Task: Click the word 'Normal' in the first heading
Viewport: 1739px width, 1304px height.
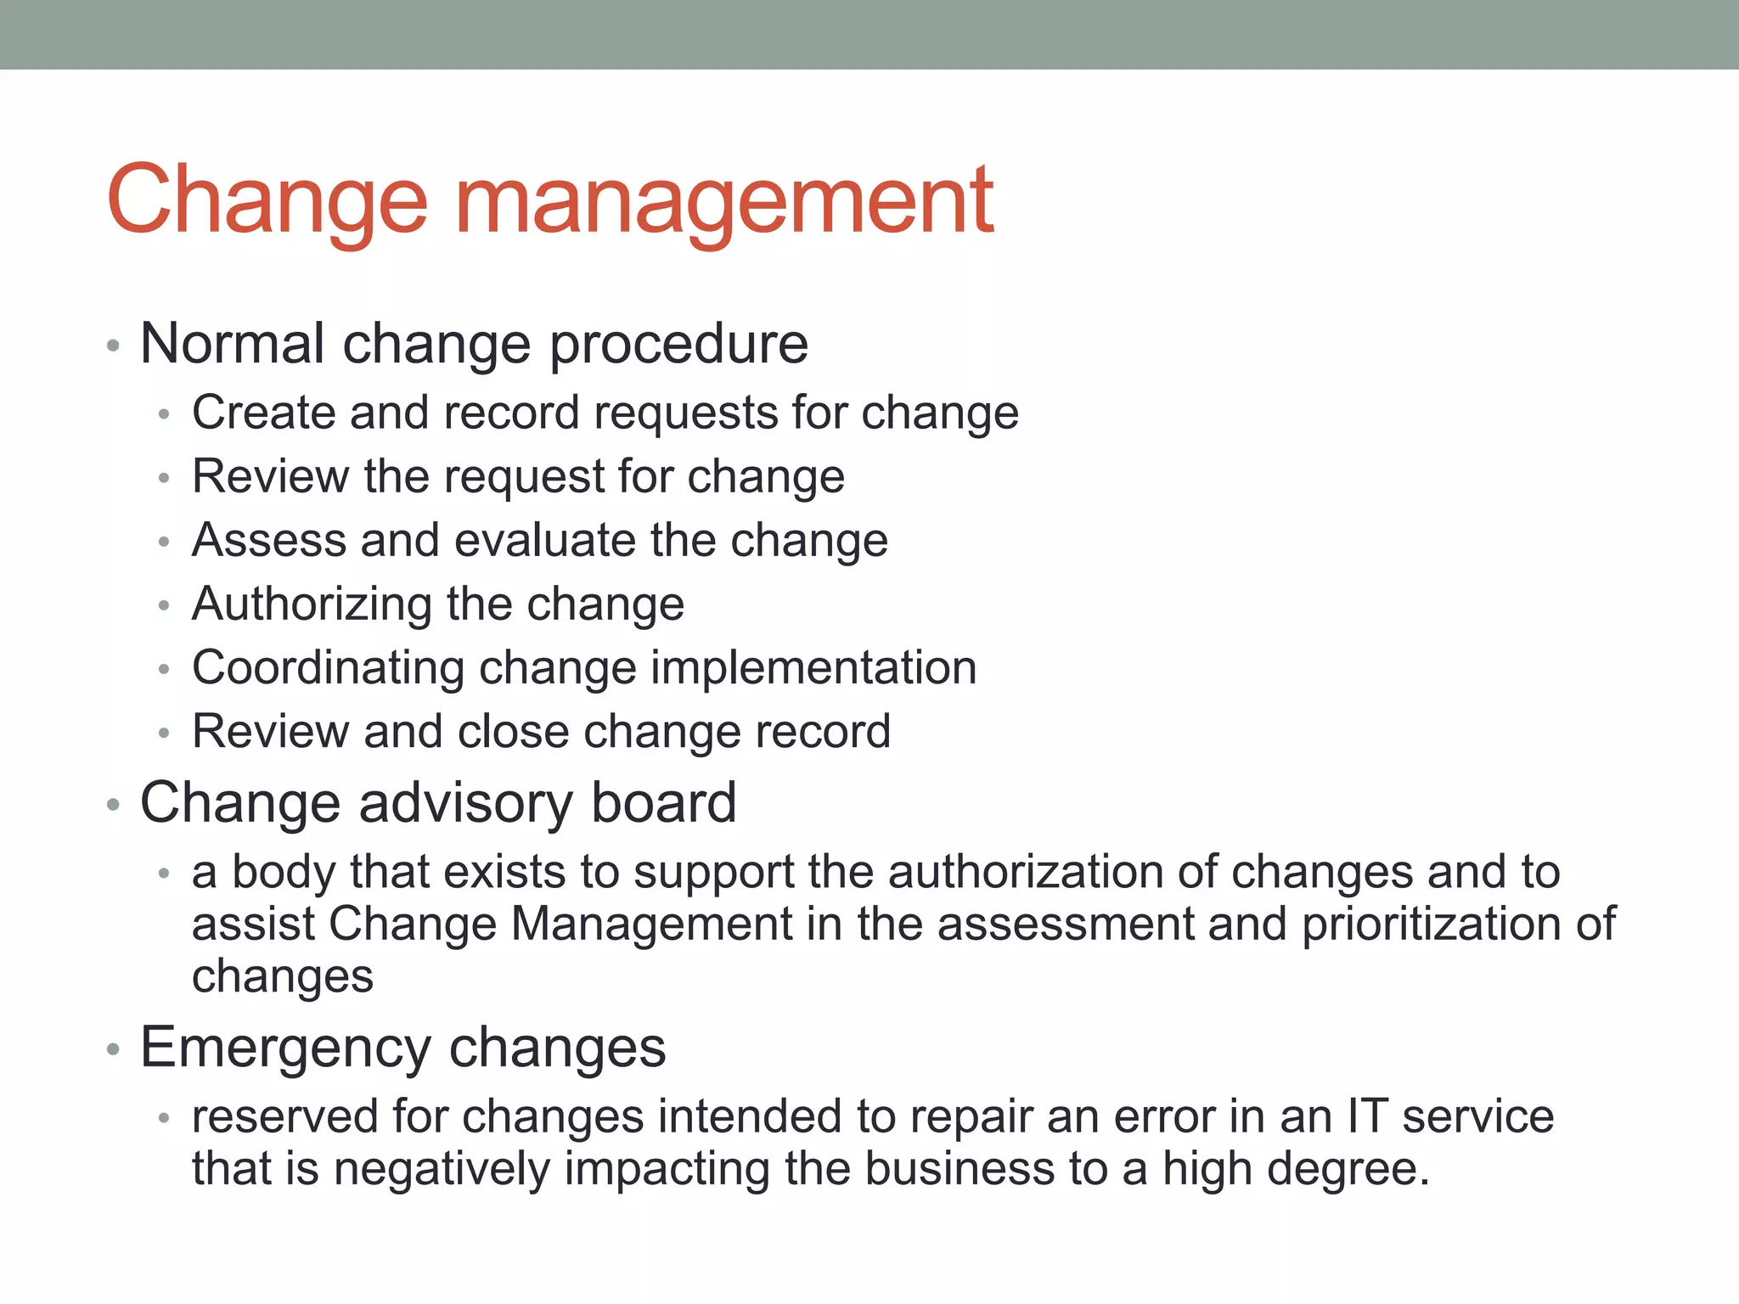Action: click(232, 344)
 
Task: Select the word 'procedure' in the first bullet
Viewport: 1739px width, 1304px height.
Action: click(679, 346)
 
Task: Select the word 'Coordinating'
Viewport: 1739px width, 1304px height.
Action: click(328, 668)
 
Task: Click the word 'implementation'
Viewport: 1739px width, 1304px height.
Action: click(813, 668)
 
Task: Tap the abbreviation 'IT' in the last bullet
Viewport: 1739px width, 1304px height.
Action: click(1367, 1116)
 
